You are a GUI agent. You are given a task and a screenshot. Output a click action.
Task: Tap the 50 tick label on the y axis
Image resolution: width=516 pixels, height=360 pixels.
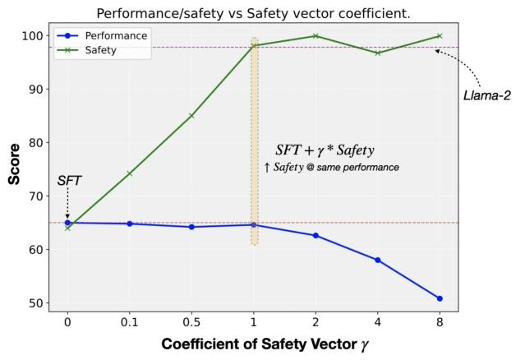coord(36,303)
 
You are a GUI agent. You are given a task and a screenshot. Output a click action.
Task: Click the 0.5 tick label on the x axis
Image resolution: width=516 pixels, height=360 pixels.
coord(191,323)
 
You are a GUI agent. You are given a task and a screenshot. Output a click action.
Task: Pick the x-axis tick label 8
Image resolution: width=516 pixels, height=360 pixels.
coord(440,323)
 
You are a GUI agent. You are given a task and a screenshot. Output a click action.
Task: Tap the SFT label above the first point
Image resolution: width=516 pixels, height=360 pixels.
coord(68,180)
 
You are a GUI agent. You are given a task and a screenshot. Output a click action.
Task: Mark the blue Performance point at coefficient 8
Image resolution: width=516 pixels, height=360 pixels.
coord(440,298)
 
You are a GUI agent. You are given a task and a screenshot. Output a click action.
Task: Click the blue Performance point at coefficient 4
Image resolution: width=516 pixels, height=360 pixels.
coord(377,260)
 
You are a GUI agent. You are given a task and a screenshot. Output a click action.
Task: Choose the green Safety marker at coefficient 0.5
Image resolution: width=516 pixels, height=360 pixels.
coord(191,116)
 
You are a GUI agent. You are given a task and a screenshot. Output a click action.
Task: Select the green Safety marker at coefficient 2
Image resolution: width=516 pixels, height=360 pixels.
coord(316,36)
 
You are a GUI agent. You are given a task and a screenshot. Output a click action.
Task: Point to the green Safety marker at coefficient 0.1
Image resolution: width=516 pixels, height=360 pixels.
coord(130,174)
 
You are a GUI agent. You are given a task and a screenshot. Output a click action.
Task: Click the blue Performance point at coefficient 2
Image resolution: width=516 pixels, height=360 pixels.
coord(316,236)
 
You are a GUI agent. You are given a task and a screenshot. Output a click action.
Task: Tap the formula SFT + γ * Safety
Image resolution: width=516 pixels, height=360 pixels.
coord(325,150)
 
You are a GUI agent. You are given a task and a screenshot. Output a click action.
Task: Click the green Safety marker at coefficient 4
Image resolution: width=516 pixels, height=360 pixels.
coord(377,53)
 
